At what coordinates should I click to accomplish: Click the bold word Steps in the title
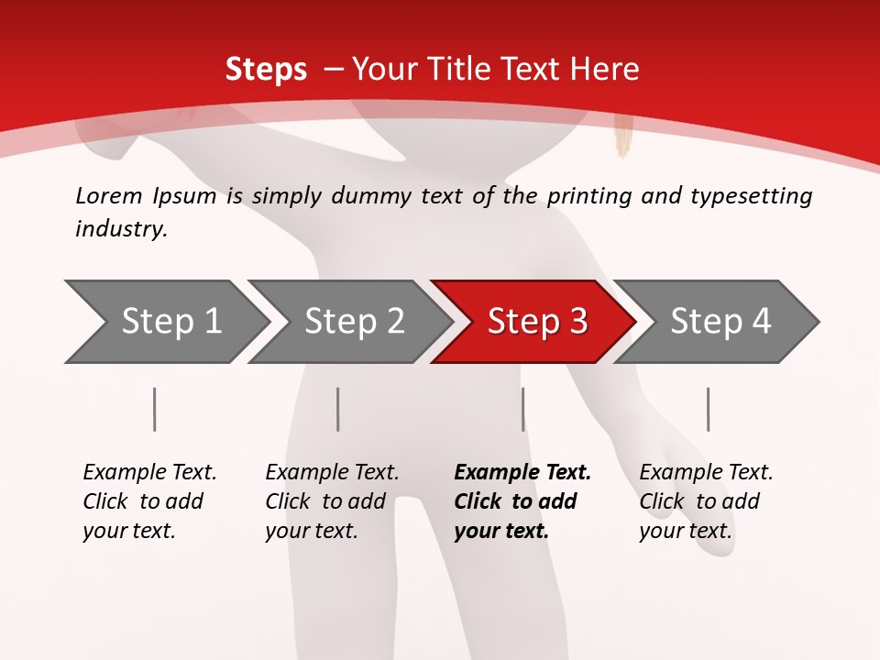point(266,69)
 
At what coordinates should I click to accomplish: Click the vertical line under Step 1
point(154,409)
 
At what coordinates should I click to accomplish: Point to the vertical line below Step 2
point(338,409)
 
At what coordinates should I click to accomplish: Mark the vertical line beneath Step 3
point(522,409)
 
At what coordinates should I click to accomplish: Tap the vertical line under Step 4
point(708,409)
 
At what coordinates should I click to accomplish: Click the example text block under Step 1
point(149,501)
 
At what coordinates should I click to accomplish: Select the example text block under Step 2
point(332,501)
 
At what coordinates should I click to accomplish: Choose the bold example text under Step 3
point(522,501)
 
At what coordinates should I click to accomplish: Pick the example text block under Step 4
point(706,501)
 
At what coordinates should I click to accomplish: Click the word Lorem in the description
point(109,195)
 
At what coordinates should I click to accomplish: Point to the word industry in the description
point(120,229)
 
